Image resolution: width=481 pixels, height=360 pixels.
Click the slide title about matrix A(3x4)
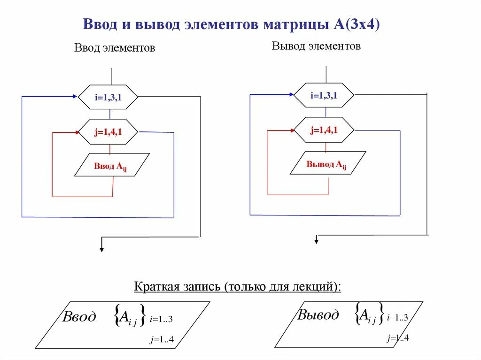click(x=231, y=24)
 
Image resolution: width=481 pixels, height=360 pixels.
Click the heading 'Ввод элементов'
click(x=115, y=48)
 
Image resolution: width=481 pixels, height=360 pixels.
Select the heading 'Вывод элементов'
click(x=316, y=46)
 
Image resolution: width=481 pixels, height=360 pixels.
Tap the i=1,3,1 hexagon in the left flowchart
click(x=108, y=98)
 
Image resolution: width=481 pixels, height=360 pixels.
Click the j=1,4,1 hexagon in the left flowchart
click(x=108, y=132)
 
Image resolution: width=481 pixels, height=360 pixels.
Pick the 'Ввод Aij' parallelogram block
click(x=111, y=165)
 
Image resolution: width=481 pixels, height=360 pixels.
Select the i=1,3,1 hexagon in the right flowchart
click(x=324, y=95)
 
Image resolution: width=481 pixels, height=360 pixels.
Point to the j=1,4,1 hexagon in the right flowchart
click(x=324, y=130)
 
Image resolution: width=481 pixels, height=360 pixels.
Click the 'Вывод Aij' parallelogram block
click(x=327, y=164)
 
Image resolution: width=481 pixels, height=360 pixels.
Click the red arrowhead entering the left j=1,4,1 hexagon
click(x=77, y=132)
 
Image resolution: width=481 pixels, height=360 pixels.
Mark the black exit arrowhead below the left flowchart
click(x=101, y=249)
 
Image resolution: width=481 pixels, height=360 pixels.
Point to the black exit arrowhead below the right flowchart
click(x=317, y=241)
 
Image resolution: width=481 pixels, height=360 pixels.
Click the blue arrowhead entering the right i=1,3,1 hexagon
click(x=290, y=95)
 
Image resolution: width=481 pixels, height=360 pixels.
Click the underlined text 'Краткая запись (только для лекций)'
click(x=238, y=286)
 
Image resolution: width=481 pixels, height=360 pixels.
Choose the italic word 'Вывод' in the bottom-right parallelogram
click(x=318, y=314)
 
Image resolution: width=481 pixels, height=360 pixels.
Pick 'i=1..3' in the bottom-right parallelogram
click(x=397, y=318)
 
